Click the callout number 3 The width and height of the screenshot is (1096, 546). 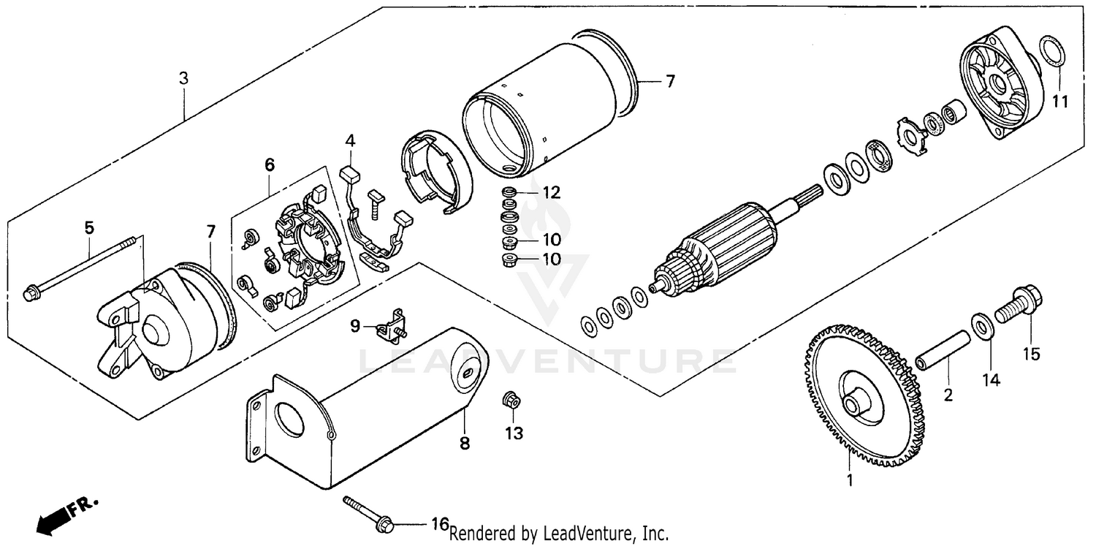click(x=184, y=77)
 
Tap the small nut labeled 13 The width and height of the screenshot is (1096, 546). click(x=511, y=401)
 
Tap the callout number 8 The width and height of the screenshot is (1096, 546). click(x=465, y=443)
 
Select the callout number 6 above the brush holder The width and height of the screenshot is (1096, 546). click(x=269, y=165)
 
